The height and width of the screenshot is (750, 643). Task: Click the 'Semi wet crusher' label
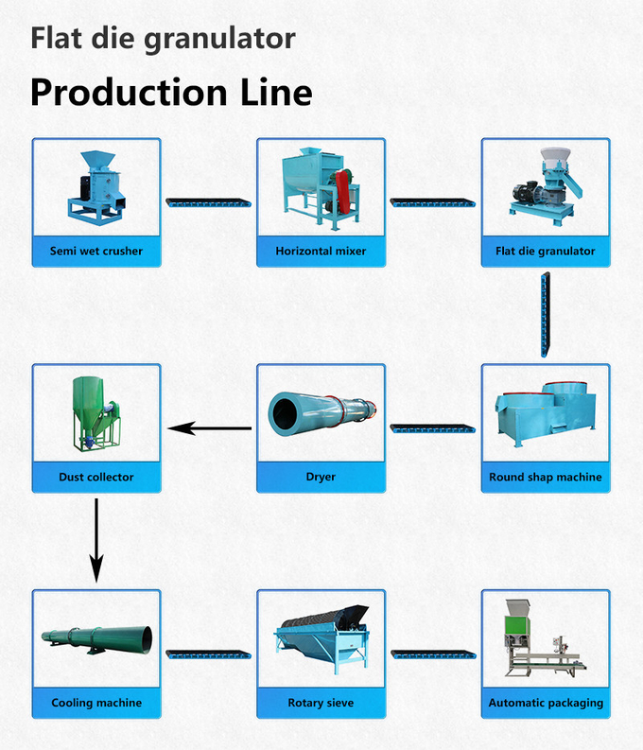pos(96,252)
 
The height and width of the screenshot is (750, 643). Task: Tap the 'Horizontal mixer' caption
pos(321,252)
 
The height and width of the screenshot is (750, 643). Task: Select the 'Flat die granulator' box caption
pos(545,252)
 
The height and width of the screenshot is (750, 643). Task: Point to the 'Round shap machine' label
pos(545,477)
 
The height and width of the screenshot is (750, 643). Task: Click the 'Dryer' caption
pos(321,477)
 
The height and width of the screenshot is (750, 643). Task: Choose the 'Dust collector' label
pos(96,477)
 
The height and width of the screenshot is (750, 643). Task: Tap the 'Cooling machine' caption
pos(96,703)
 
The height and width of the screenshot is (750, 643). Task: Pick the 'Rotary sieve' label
pos(321,703)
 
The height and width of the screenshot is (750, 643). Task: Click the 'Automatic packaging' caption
pos(545,703)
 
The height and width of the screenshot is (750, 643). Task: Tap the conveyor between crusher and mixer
pos(209,201)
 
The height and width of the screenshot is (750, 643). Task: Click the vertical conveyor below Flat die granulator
pos(545,315)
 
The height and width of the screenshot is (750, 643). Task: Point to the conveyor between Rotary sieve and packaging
pos(433,654)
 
